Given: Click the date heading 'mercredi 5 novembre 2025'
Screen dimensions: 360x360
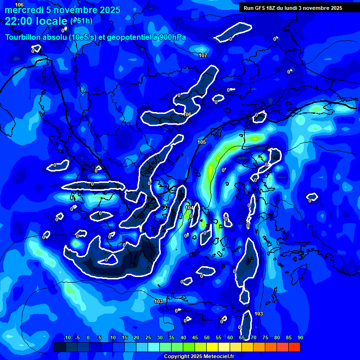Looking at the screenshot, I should click(x=62, y=10).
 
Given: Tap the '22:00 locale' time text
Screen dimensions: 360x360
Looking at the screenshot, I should click(x=36, y=21).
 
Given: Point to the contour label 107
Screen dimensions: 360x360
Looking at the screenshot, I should click(x=203, y=55).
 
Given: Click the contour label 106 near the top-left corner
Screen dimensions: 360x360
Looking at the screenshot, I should click(x=19, y=4).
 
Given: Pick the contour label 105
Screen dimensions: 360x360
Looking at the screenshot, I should click(x=202, y=142).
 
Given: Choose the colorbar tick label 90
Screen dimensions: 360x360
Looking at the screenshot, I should click(x=300, y=337).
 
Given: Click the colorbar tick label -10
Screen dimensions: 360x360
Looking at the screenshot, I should click(x=67, y=337).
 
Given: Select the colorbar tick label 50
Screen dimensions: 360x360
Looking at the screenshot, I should click(x=207, y=337).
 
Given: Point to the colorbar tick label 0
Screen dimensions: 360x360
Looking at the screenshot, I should click(x=88, y=337).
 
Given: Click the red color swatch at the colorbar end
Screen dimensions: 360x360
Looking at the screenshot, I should click(x=294, y=347).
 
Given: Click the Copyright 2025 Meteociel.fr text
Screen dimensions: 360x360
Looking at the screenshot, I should click(x=199, y=356).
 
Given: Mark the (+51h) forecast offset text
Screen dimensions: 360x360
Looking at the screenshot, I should click(x=81, y=21).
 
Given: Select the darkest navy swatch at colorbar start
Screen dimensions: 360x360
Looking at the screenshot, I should click(x=60, y=347).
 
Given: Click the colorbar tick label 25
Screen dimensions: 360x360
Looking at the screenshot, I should click(x=148, y=337).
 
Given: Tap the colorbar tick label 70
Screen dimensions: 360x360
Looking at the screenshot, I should click(x=254, y=337).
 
